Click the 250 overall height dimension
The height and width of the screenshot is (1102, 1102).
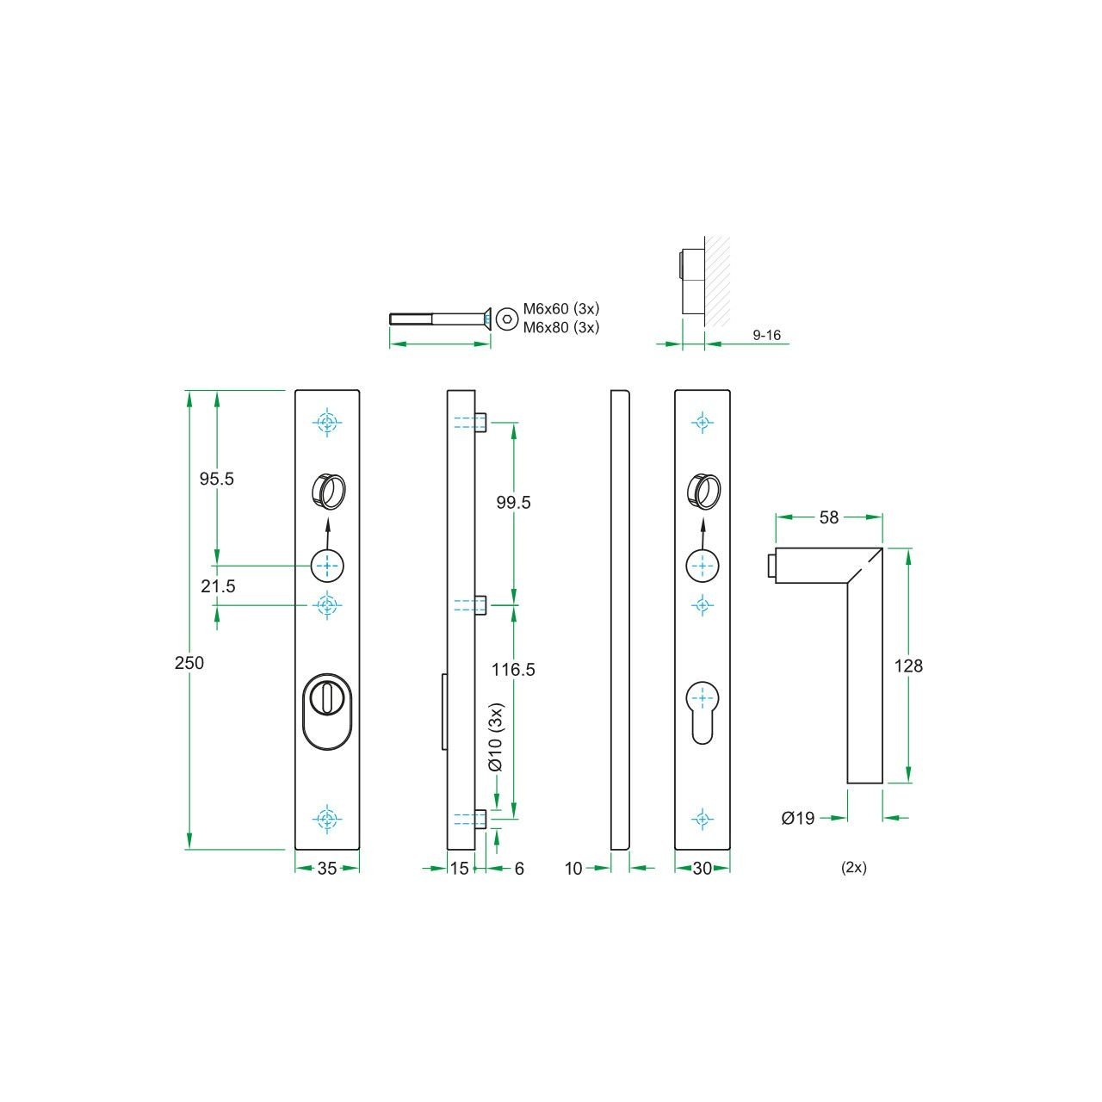click(189, 663)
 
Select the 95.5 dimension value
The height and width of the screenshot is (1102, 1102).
click(217, 479)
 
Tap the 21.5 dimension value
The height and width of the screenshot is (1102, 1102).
click(218, 586)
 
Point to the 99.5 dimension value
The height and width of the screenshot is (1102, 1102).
click(513, 502)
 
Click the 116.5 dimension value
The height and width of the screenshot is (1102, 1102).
click(513, 669)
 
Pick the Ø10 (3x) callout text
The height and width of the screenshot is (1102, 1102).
click(496, 738)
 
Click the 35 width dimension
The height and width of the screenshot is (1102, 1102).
click(327, 868)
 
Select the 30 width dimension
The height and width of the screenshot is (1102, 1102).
click(703, 868)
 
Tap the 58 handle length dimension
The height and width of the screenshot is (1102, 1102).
click(828, 517)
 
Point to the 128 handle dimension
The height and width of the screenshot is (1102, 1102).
click(908, 666)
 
